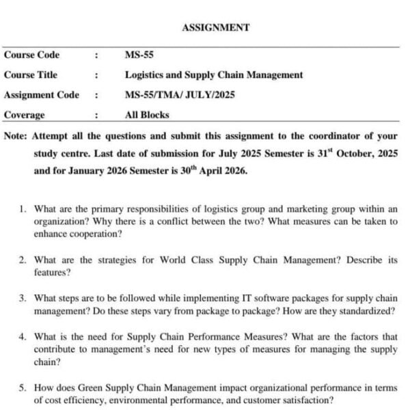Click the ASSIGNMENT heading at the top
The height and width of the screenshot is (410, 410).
215,28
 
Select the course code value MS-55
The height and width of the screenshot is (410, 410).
139,55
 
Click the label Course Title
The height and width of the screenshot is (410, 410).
31,75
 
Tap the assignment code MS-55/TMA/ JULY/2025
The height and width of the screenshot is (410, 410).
180,95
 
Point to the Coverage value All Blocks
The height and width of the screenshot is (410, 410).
147,115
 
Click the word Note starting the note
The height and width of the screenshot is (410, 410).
15,135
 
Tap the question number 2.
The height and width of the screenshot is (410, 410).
23,260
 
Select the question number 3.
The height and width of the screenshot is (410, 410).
23,299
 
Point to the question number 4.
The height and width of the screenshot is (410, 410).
23,337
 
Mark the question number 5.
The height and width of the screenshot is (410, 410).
23,387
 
